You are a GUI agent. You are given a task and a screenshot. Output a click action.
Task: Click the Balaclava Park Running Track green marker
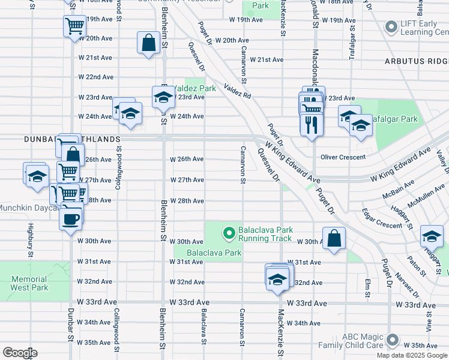tap(229, 232)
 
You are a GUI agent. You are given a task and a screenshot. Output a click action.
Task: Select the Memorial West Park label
tap(29, 283)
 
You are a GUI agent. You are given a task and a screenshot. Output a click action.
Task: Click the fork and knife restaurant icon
tap(311, 124)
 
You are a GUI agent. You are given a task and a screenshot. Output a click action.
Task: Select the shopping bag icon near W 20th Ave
tap(148, 43)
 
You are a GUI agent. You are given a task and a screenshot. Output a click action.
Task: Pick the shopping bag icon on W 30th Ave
tap(334, 238)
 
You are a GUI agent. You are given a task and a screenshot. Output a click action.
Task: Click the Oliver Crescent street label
tap(343, 157)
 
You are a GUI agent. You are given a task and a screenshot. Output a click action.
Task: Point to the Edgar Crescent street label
tap(382, 219)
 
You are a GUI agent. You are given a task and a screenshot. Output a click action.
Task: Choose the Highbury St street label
tap(29, 240)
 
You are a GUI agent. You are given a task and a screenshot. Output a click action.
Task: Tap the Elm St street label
tap(367, 287)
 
